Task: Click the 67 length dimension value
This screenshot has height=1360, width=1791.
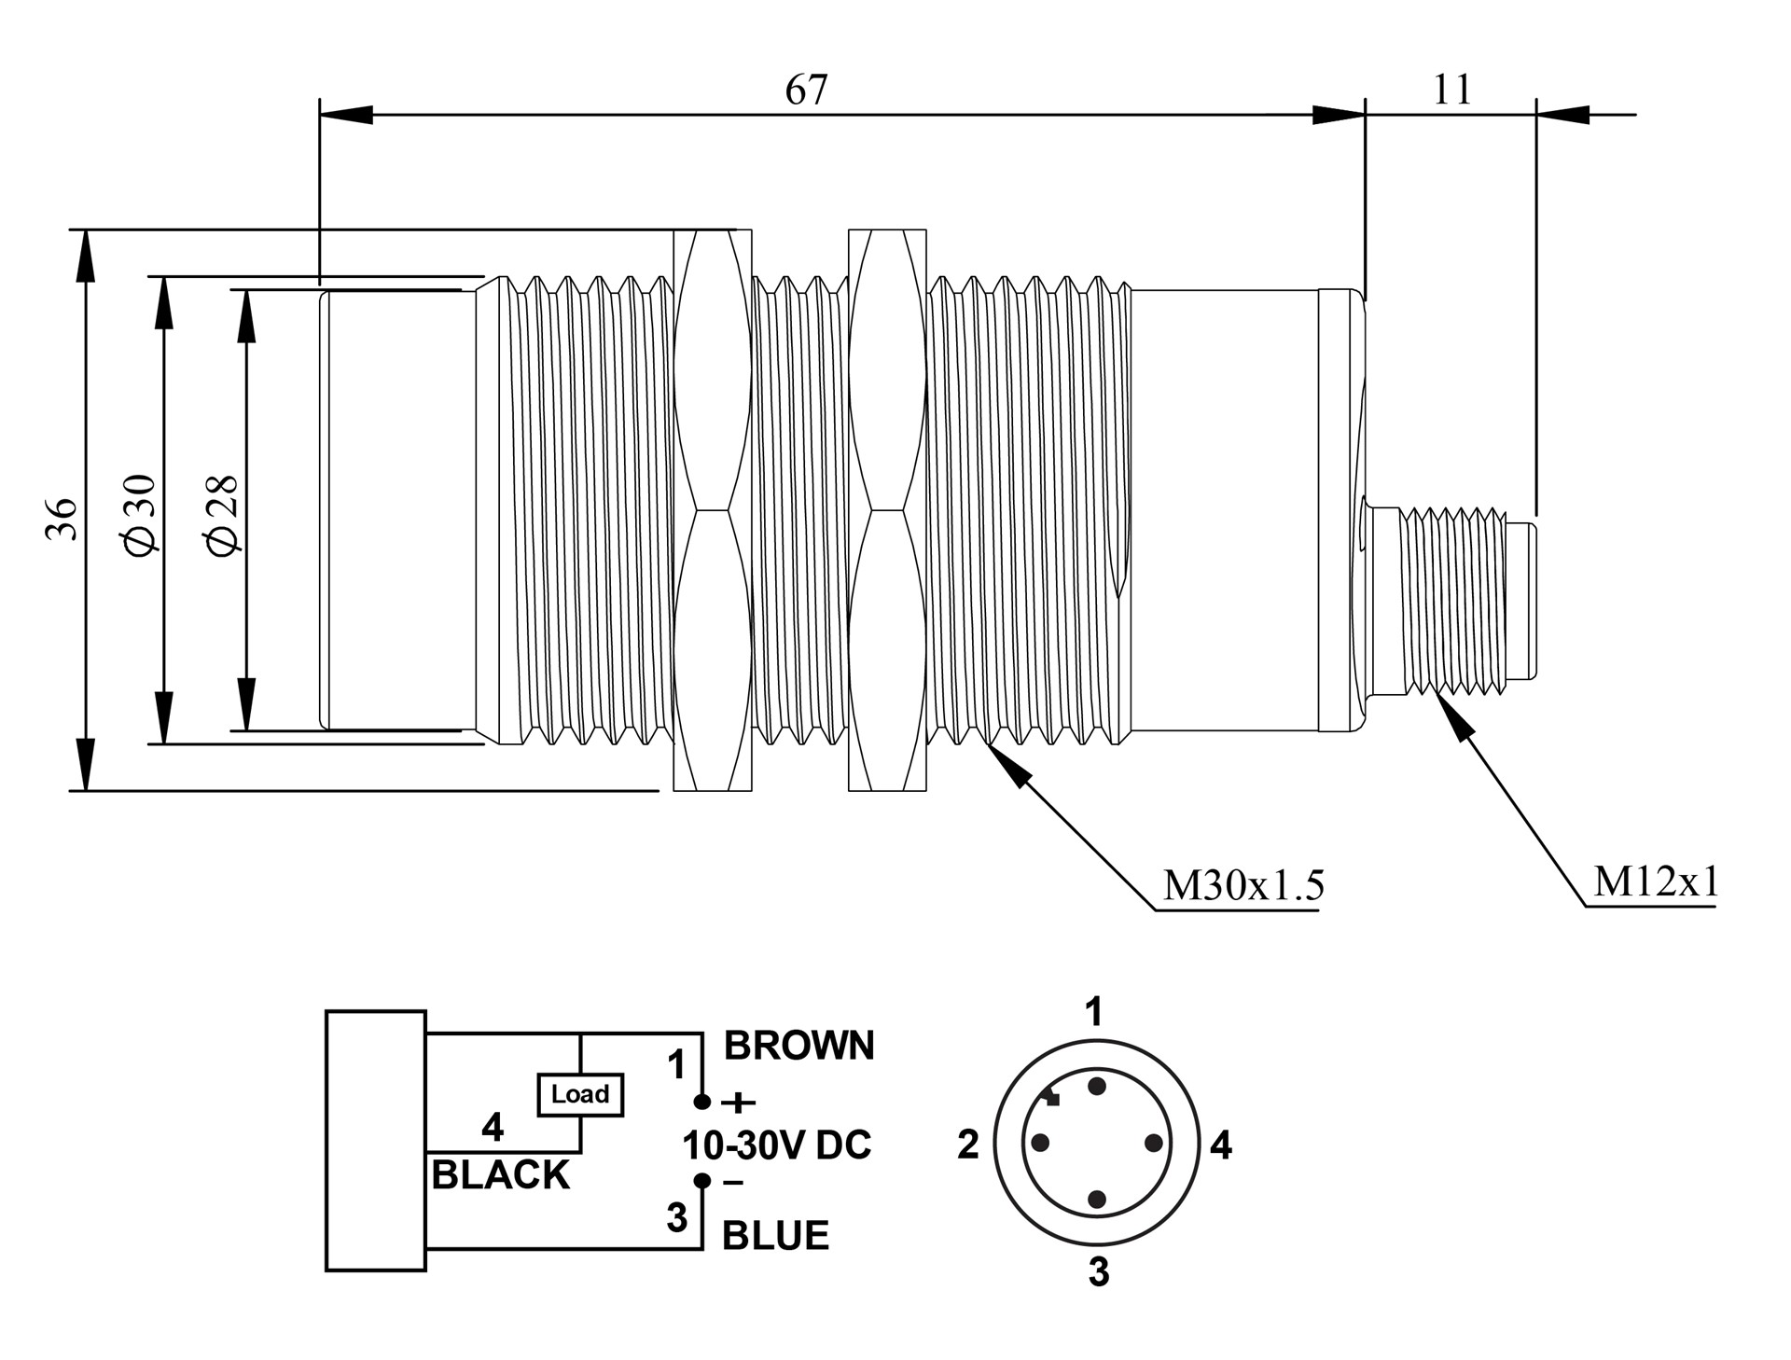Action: tap(806, 90)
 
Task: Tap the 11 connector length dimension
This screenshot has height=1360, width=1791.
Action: tap(1451, 90)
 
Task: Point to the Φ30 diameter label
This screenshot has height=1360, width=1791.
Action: tap(141, 514)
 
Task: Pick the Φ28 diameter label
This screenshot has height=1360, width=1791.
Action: tap(224, 516)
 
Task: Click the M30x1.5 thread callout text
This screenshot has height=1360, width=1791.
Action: tap(1243, 885)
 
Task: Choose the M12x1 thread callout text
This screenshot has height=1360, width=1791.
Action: tap(1655, 881)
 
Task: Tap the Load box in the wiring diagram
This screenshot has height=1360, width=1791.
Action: tap(580, 1094)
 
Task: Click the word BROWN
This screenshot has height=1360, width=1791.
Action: tap(799, 1046)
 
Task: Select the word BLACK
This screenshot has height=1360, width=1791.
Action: tap(500, 1175)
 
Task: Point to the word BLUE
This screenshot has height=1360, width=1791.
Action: tap(775, 1236)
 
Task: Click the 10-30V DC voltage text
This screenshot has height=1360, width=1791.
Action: tap(777, 1145)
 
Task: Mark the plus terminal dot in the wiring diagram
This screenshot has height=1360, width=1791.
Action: tap(703, 1103)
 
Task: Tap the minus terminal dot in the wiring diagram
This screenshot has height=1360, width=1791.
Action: tap(703, 1181)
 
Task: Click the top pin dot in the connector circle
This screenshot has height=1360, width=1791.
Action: tap(1097, 1086)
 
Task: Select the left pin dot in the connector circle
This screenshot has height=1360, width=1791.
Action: tap(1040, 1143)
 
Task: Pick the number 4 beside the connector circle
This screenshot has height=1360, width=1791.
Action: tap(1220, 1145)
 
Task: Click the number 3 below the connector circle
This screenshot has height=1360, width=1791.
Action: tap(1099, 1272)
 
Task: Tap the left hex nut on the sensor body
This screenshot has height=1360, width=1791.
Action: tap(712, 510)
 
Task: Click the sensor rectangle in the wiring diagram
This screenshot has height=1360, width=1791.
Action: tap(376, 1141)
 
